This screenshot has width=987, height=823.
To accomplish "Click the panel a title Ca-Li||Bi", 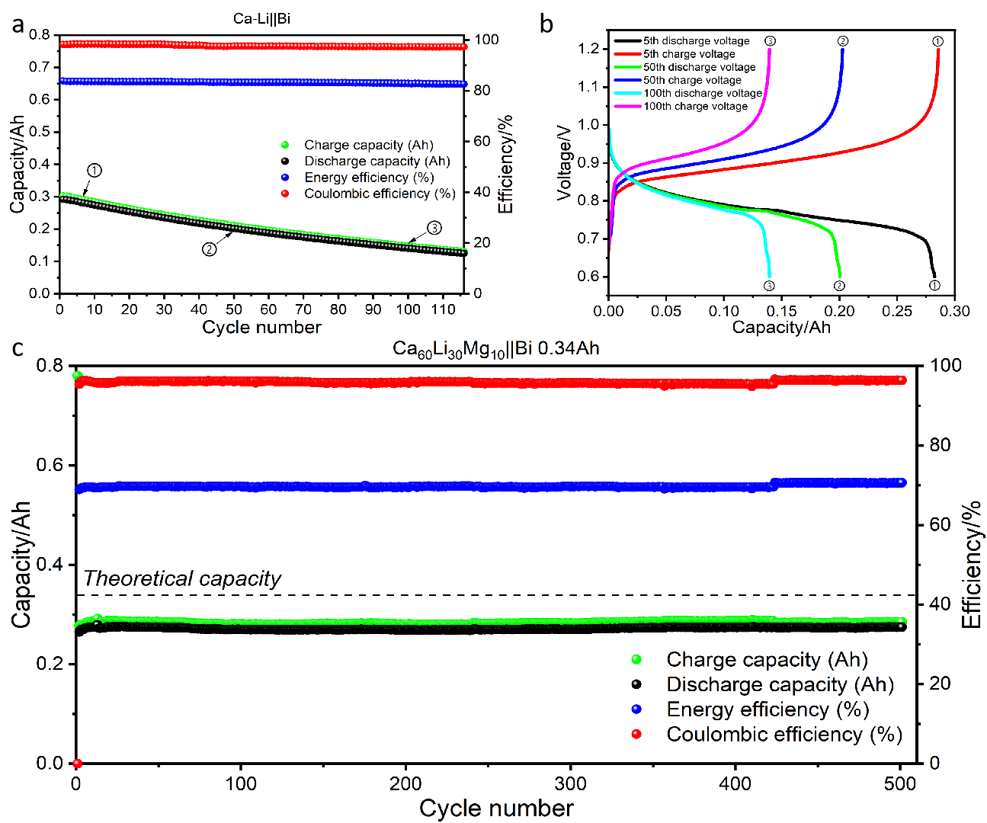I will [261, 18].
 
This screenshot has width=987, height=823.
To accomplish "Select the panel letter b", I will [546, 24].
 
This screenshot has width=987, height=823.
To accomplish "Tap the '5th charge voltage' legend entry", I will [689, 54].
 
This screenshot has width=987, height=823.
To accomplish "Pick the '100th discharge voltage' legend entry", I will [703, 93].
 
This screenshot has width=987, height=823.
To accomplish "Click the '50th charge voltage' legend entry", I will [692, 80].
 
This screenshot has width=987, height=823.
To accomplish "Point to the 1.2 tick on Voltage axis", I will [588, 49].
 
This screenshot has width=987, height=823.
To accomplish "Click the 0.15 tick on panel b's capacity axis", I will [782, 311].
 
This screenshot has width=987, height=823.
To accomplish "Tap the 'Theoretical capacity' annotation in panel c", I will [182, 578].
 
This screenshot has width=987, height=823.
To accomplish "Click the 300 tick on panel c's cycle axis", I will [570, 783].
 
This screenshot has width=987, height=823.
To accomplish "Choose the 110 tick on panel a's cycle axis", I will [443, 309].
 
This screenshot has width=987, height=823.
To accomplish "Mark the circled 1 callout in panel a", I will [94, 171].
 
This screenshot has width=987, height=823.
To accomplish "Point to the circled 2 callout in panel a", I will [209, 249].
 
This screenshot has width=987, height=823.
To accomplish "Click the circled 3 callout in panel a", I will [434, 228].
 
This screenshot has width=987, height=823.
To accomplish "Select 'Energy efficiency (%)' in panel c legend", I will [767, 709].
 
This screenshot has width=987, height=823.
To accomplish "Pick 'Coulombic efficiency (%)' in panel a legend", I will [380, 194].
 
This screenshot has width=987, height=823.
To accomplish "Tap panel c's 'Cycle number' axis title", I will [496, 809].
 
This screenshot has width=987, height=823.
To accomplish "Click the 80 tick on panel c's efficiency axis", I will [940, 445].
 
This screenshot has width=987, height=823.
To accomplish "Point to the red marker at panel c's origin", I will [77, 763].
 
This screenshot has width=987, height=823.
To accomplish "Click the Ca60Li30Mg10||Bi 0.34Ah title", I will [495, 349].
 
